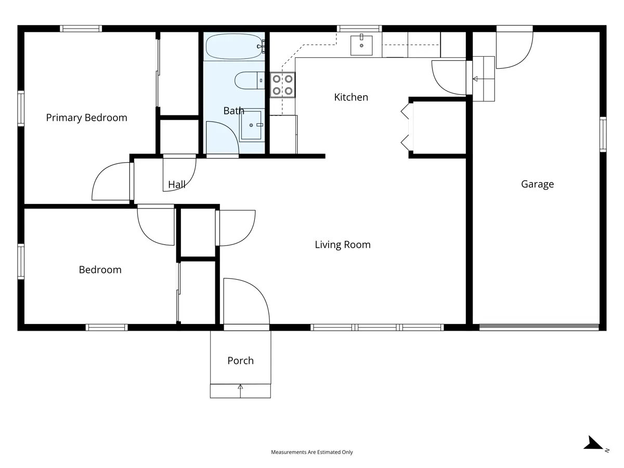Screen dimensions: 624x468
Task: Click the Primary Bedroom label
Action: pyautogui.click(x=86, y=118)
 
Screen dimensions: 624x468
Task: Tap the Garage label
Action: pyautogui.click(x=537, y=184)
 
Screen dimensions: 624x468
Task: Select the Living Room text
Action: pyautogui.click(x=343, y=244)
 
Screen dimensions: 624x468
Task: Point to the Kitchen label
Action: pyautogui.click(x=351, y=97)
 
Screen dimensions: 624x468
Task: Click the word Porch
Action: pyautogui.click(x=241, y=360)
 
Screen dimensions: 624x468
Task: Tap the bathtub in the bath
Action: pyautogui.click(x=233, y=47)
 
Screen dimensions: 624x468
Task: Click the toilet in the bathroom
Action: pyautogui.click(x=249, y=81)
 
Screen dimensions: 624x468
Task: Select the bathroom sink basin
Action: pyautogui.click(x=251, y=125)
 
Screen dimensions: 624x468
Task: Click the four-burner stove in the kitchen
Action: pyautogui.click(x=282, y=85)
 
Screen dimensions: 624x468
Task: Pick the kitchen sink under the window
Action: pyautogui.click(x=361, y=45)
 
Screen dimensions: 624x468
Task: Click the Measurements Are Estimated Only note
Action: pyautogui.click(x=312, y=452)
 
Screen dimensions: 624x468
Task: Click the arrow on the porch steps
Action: pyautogui.click(x=241, y=391)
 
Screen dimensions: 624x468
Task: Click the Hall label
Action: pyautogui.click(x=176, y=185)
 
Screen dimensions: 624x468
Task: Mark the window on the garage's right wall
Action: pyautogui.click(x=603, y=134)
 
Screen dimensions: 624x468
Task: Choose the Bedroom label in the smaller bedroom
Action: pyautogui.click(x=100, y=270)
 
